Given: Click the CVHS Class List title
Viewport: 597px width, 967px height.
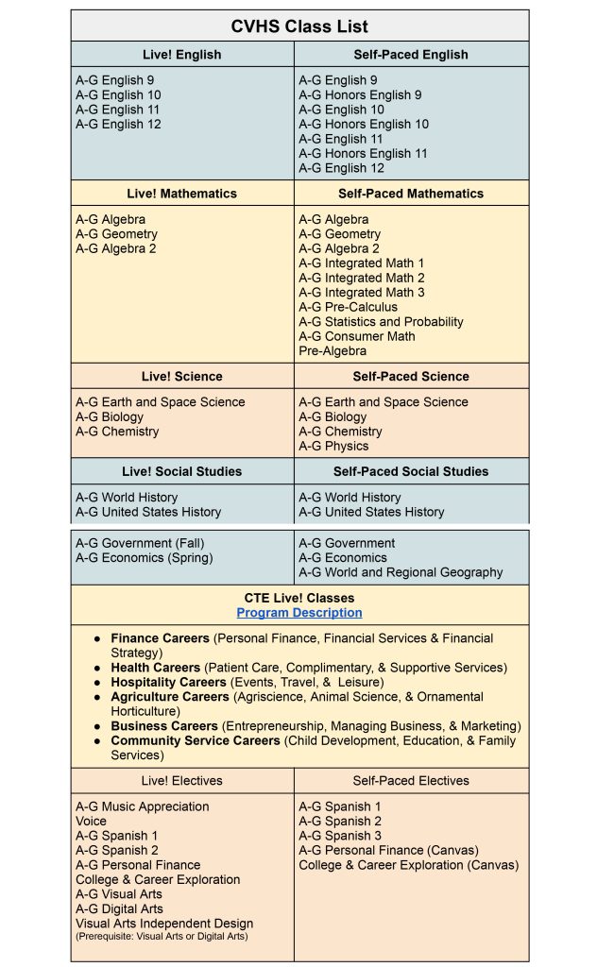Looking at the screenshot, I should pos(299,25).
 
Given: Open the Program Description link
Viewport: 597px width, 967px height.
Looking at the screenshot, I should pos(299,613).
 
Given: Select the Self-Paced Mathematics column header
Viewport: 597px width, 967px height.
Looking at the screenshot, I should pos(410,194).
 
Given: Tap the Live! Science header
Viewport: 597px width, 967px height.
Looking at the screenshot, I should pos(181,377).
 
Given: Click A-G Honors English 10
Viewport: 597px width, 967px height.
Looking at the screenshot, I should pos(364,125).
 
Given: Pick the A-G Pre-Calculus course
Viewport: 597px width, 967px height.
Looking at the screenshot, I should pos(349,307).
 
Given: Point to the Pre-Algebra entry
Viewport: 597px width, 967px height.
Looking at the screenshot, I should pos(333,351).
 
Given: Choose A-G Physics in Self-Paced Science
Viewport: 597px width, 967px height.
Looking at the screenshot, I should pos(333,446).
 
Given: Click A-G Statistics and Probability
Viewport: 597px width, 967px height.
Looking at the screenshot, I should pos(381,322).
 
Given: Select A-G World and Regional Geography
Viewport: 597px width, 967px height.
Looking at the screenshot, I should pos(401,572).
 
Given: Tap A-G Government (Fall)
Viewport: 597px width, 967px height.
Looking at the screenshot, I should pos(140,543).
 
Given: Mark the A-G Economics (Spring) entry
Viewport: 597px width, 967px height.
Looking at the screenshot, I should pos(144,557).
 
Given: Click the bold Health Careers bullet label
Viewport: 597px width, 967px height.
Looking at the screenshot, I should pos(156,668).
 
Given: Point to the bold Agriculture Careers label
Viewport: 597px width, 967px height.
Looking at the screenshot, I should pos(170,697).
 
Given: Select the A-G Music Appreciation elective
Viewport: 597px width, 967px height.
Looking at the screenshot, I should pos(143,806).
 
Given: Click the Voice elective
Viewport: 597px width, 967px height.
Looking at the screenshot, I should pos(92,822).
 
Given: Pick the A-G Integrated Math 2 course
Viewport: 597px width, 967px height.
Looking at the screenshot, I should pos(362,278).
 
